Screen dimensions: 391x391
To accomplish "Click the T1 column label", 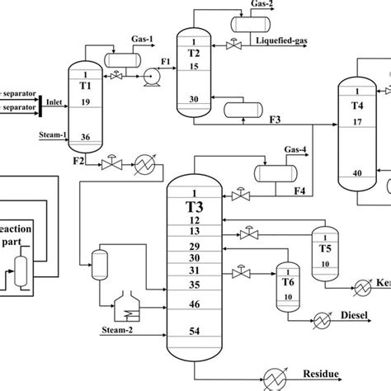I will tap(86, 85).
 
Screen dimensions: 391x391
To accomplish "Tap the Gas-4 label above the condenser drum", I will tap(298, 149).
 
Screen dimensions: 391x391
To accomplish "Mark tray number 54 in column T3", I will tap(195, 331).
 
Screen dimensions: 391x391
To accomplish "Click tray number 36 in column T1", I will tap(86, 137).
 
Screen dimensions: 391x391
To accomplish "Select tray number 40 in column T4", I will tap(357, 172).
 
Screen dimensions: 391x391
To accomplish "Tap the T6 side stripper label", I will tap(290, 280).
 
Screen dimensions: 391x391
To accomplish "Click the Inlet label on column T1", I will tap(55, 102).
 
